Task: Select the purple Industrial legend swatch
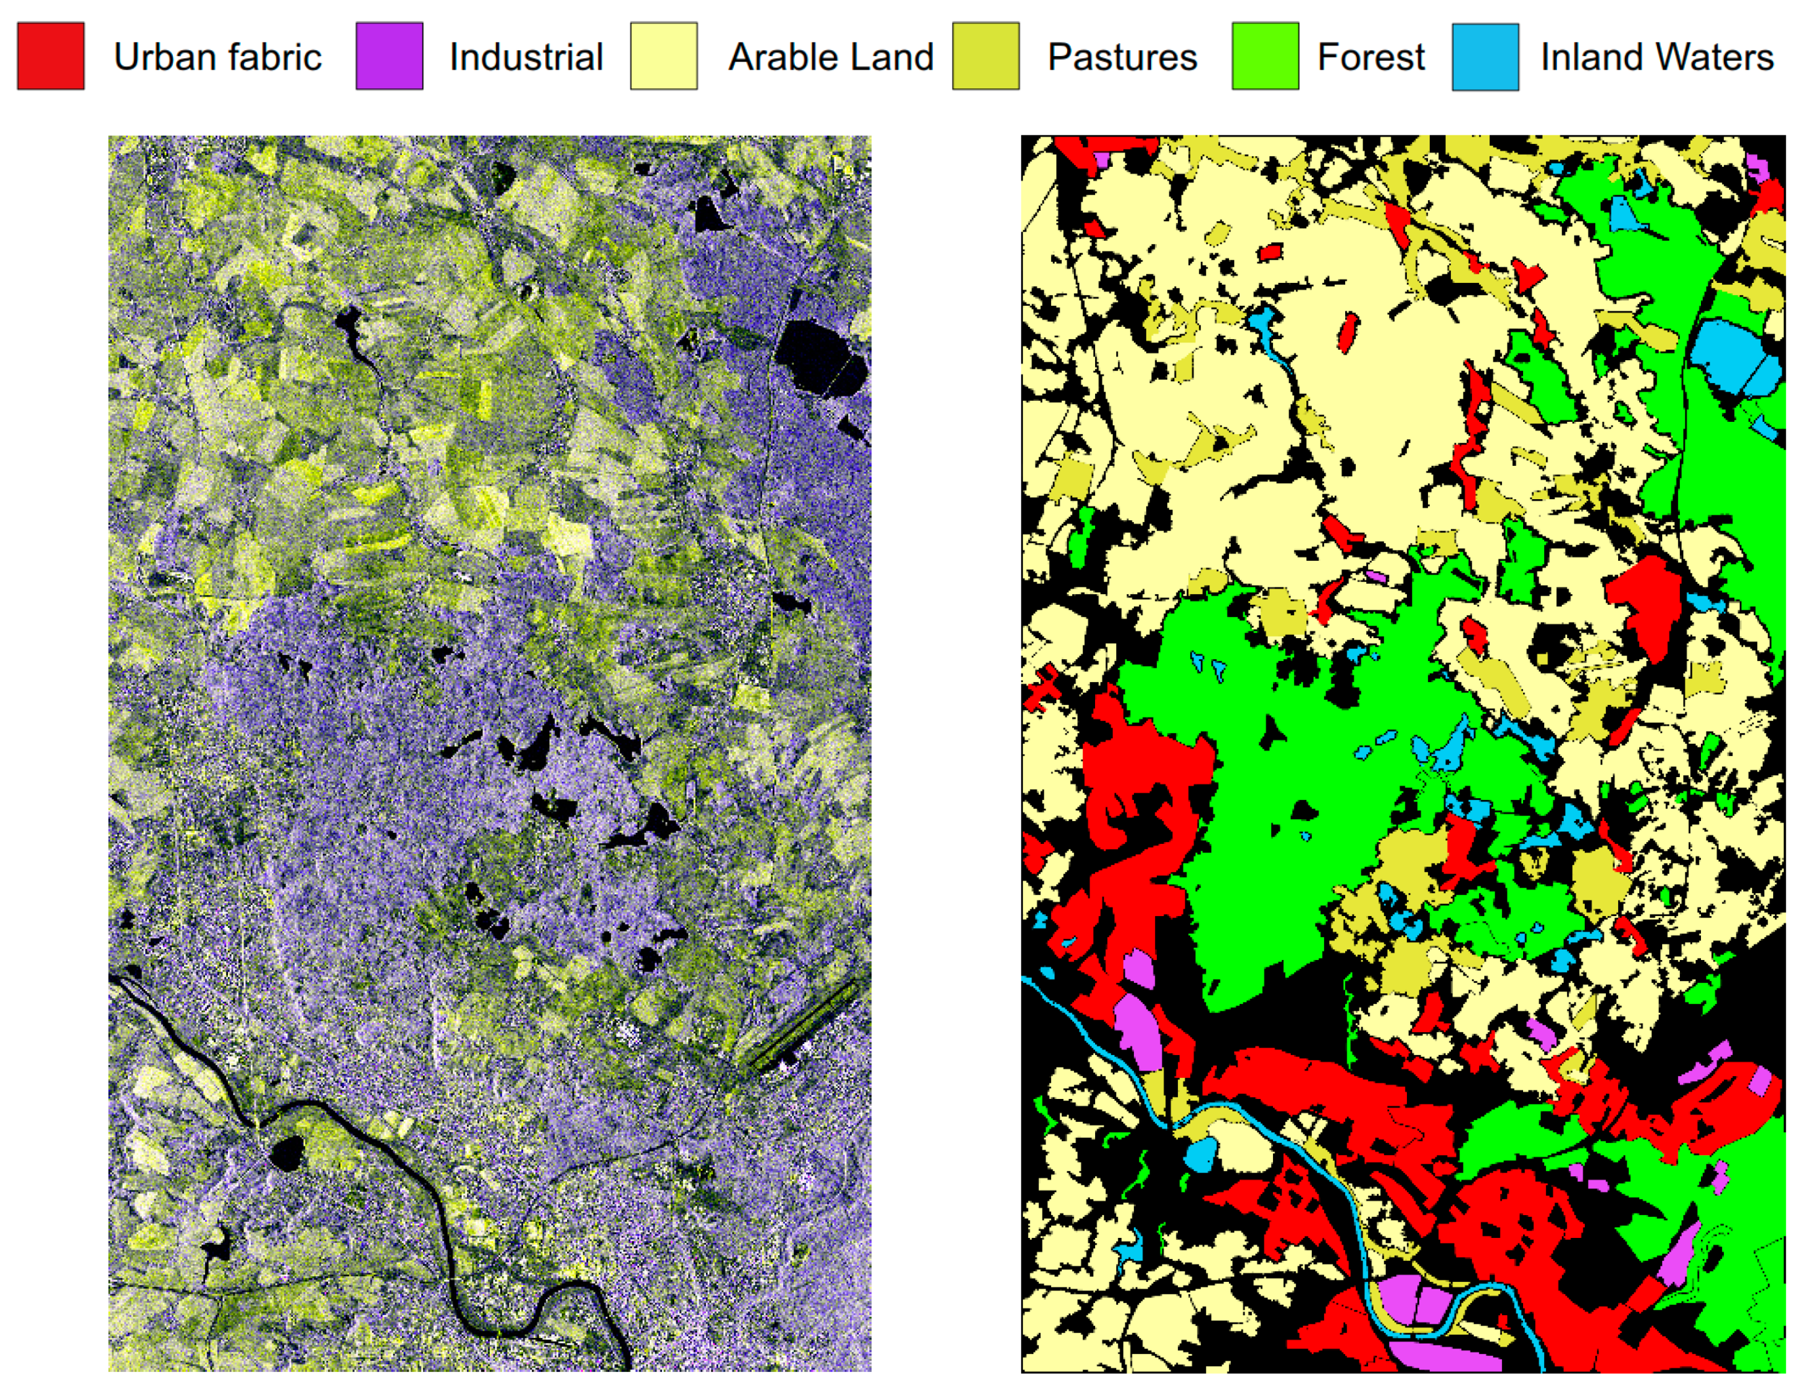pos(389,56)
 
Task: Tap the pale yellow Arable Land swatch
pos(664,56)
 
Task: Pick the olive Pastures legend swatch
pos(986,56)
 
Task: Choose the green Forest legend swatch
pos(1265,56)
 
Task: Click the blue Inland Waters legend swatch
pos(1485,56)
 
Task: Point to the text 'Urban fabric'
pos(217,57)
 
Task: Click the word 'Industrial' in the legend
pos(526,57)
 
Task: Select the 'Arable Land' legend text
pos(831,57)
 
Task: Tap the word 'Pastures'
pos(1122,57)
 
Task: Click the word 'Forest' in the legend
pos(1371,57)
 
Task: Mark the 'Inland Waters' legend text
pos(1656,57)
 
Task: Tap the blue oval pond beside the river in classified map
pos(1200,1154)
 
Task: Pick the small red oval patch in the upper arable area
pos(1348,332)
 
